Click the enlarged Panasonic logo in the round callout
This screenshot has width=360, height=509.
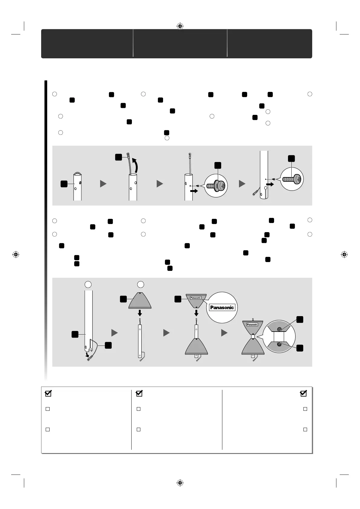point(222,308)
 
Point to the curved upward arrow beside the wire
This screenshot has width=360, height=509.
point(138,165)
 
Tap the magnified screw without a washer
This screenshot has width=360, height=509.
point(292,179)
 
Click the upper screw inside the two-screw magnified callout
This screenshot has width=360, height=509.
point(279,329)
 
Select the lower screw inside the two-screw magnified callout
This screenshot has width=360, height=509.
point(279,344)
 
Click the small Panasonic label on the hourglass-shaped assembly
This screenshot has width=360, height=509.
point(252,325)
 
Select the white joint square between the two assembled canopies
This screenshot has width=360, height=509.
point(253,336)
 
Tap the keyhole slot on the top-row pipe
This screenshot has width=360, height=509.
point(265,190)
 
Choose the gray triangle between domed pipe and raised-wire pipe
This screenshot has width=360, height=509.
point(103,183)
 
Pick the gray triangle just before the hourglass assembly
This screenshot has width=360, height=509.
point(224,333)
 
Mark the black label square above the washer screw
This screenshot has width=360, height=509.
point(218,165)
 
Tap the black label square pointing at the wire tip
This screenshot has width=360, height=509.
point(119,157)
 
